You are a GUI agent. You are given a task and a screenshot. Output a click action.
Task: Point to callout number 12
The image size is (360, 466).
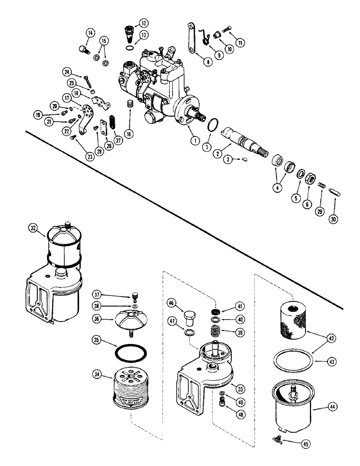pos(143,23)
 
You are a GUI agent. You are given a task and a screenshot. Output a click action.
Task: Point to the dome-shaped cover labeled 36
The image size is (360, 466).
pos(127,322)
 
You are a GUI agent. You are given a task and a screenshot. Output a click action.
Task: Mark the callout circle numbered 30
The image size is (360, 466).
pos(334,218)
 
